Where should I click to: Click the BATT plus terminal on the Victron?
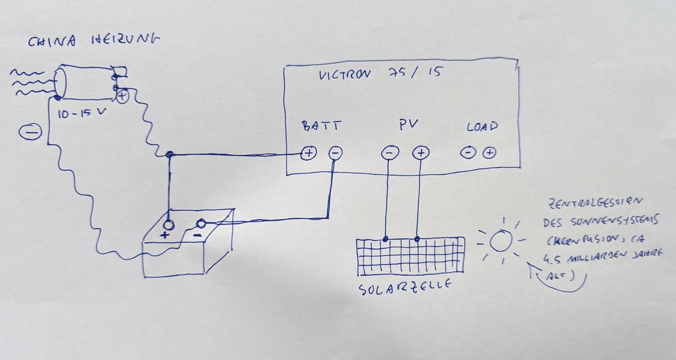308,154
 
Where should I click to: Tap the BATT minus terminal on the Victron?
335,154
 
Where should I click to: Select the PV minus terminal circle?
389,154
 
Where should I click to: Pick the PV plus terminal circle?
421,154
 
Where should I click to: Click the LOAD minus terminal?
467,153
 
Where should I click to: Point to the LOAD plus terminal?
490,153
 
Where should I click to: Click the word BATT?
321,127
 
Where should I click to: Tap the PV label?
409,125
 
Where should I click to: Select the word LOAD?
482,127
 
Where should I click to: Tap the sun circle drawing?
500,241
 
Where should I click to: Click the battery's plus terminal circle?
168,224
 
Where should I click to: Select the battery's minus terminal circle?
201,224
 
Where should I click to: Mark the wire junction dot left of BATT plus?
169,155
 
